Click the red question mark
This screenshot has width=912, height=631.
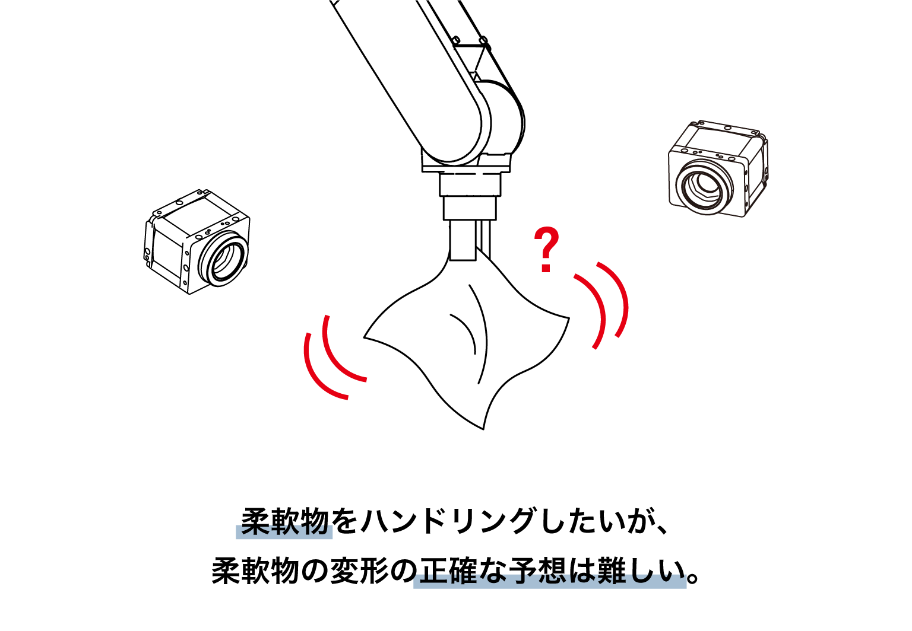point(546,249)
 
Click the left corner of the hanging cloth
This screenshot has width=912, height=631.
point(364,337)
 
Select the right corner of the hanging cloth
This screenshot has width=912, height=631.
point(569,317)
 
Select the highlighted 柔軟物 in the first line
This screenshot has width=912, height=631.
point(284,522)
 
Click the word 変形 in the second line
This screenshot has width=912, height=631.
point(359,571)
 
